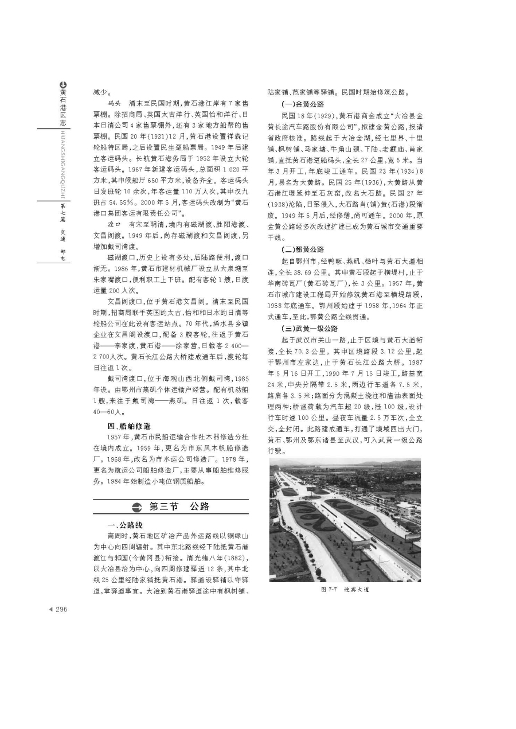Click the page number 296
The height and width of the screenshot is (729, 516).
(x=61, y=610)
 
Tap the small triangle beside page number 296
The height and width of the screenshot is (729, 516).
(x=50, y=610)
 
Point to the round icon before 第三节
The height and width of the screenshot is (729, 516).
(x=136, y=507)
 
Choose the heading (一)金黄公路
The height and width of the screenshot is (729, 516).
(x=303, y=104)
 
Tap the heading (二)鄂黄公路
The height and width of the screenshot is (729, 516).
(x=303, y=250)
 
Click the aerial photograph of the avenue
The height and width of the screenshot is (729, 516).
(x=345, y=520)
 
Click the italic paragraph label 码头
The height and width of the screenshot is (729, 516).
(x=114, y=104)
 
